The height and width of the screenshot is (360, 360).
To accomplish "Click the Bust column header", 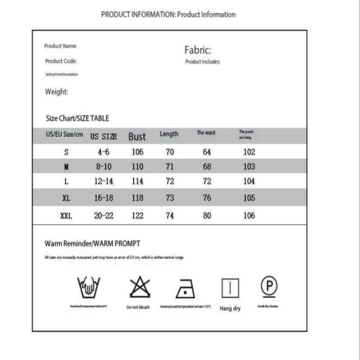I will [x=137, y=136].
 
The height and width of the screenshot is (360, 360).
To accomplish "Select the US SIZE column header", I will [x=103, y=137].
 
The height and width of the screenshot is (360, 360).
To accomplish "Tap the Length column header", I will [x=169, y=134].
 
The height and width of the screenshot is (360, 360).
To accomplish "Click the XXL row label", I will [x=66, y=216].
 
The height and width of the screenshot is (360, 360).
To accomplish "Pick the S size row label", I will [x=66, y=152].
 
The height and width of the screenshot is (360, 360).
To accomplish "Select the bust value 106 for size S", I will [x=137, y=152].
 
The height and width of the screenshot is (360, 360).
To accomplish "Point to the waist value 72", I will [x=207, y=182].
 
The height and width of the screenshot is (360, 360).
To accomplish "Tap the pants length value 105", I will [x=249, y=198].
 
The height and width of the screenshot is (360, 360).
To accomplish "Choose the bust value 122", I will [x=137, y=216].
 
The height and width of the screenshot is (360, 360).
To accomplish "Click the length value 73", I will [x=170, y=198].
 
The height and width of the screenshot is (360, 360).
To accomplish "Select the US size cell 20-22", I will [x=103, y=216].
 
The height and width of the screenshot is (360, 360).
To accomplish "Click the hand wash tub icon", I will [x=88, y=286].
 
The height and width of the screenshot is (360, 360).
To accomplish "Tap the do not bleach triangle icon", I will [x=139, y=287].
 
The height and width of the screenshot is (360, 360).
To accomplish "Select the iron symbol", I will [x=185, y=289].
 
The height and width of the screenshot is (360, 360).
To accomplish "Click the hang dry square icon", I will [x=230, y=288].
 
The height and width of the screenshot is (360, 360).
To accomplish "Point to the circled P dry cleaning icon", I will [x=268, y=286].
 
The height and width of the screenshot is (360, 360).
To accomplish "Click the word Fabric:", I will [x=197, y=50].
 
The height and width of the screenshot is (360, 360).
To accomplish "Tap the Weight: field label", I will [x=56, y=92].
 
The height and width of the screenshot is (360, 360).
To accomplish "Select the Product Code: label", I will [x=61, y=61].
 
